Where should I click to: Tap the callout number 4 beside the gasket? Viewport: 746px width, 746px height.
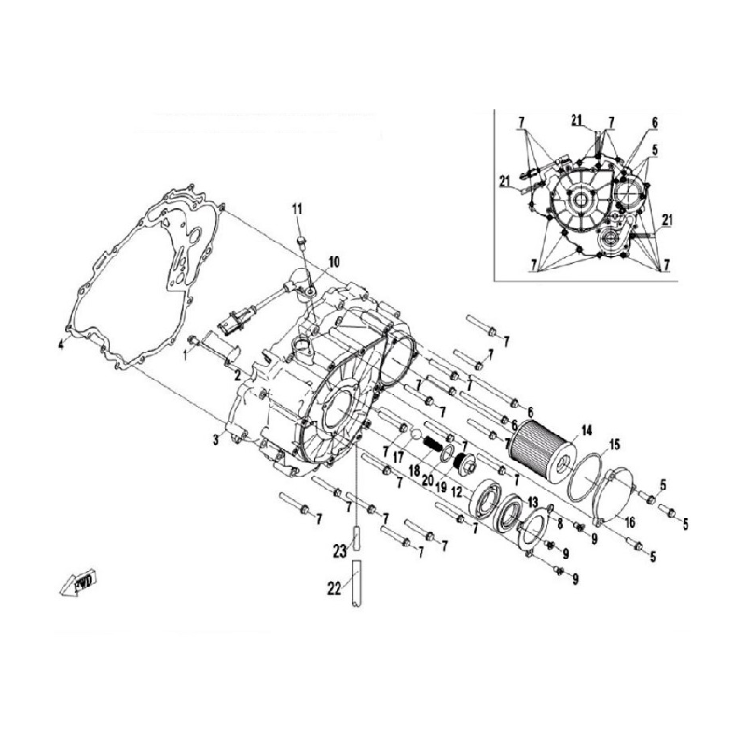(x=61, y=345)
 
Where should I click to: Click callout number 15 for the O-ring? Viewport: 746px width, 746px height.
(x=615, y=446)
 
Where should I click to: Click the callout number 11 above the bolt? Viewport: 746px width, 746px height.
(x=297, y=208)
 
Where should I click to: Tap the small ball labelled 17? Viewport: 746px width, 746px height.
(x=416, y=435)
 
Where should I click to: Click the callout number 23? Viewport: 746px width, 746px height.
(x=339, y=551)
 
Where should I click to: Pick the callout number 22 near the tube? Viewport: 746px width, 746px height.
(x=335, y=588)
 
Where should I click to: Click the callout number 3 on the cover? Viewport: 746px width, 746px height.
(x=216, y=439)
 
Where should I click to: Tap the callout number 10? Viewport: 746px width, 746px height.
(x=335, y=261)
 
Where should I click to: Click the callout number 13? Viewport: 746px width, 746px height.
(x=532, y=502)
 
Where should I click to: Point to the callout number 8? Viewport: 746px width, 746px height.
(x=560, y=523)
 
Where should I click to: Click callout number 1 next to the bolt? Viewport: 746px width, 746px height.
(x=186, y=355)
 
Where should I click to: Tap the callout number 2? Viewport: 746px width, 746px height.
(x=237, y=377)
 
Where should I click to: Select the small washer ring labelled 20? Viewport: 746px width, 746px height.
(x=447, y=454)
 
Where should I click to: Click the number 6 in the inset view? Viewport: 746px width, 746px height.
(x=655, y=122)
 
